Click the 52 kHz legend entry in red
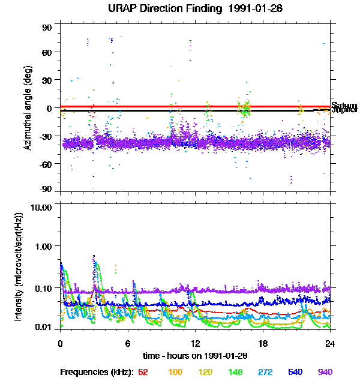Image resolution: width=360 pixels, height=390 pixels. click(x=143, y=372)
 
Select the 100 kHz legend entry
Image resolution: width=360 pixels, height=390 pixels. click(x=175, y=372)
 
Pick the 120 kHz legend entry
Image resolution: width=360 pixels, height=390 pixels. click(x=205, y=372)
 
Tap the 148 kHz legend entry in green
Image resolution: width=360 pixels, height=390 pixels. click(x=235, y=372)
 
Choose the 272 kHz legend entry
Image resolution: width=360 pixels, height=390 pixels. click(x=265, y=372)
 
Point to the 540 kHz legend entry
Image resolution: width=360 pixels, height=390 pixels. click(x=295, y=372)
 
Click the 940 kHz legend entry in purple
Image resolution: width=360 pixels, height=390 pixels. click(x=325, y=372)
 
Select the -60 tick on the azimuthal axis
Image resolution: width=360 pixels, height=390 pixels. click(x=46, y=163)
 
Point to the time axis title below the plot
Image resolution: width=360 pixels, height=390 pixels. click(x=195, y=356)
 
